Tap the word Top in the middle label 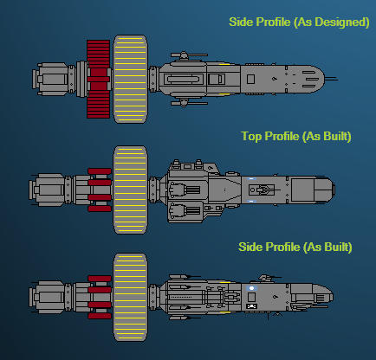[251, 136]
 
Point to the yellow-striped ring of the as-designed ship [130, 79]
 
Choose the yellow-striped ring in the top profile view [130, 190]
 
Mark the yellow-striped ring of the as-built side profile [130, 298]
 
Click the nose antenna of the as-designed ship [331, 79]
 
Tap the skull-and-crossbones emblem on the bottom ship [251, 306]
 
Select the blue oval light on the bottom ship [251, 288]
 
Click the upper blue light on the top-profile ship [251, 179]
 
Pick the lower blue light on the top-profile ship [251, 201]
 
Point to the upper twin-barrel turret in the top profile [185, 190]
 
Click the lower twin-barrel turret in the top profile [185, 210]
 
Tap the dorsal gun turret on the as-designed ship [188, 55]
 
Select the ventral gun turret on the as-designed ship [188, 103]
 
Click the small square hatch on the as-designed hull [250, 79]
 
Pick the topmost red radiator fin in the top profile [100, 171]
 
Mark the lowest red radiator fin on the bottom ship [100, 316]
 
